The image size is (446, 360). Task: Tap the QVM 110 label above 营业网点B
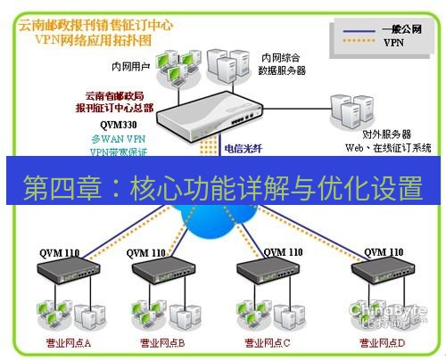click(148, 253)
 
